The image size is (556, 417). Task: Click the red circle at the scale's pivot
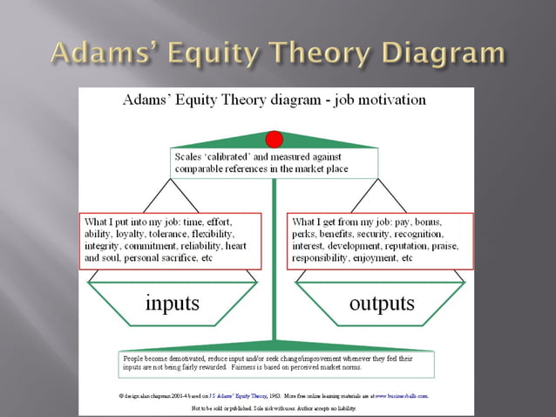coord(275,140)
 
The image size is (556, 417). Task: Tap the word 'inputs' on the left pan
coord(172,303)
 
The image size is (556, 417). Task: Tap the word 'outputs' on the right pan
coord(381,303)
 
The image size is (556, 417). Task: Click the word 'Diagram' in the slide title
coord(439,54)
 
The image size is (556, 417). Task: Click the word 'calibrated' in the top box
coord(233,156)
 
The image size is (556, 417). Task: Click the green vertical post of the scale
coord(275,262)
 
